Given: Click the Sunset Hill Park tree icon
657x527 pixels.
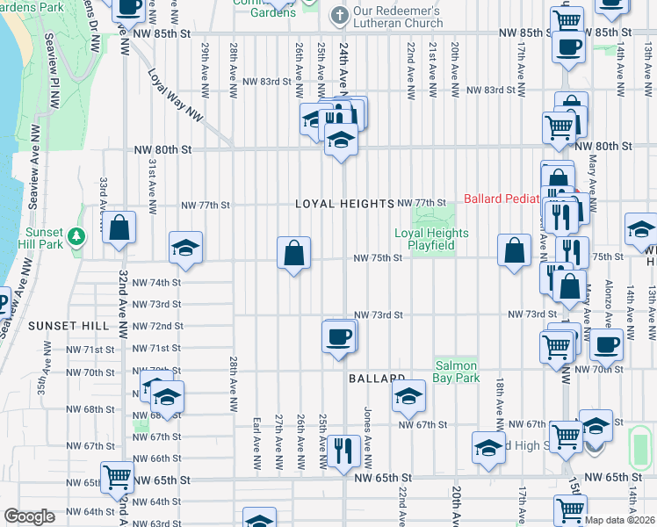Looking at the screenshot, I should tap(76, 235).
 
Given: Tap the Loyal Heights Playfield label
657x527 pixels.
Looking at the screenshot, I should tap(431, 239).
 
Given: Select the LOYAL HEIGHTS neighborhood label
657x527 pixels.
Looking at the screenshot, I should tap(344, 204).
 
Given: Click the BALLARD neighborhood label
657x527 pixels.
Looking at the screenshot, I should tap(375, 379).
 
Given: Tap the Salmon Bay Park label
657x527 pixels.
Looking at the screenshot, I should tap(456, 372).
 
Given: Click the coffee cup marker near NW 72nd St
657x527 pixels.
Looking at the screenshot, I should tap(339, 336).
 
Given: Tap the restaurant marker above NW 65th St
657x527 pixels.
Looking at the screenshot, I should tap(343, 451).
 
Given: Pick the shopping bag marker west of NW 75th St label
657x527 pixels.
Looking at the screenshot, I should tap(293, 254).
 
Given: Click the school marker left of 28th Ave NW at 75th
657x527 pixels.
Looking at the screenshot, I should tap(185, 249).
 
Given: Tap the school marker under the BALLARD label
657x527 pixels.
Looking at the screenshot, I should tap(409, 397).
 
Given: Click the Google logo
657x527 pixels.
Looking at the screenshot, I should tap(29, 516).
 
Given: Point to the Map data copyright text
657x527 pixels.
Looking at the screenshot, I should tap(620, 520).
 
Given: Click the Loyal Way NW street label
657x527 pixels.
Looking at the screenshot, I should tap(175, 96).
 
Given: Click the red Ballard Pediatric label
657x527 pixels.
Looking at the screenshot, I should tap(517, 199).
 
